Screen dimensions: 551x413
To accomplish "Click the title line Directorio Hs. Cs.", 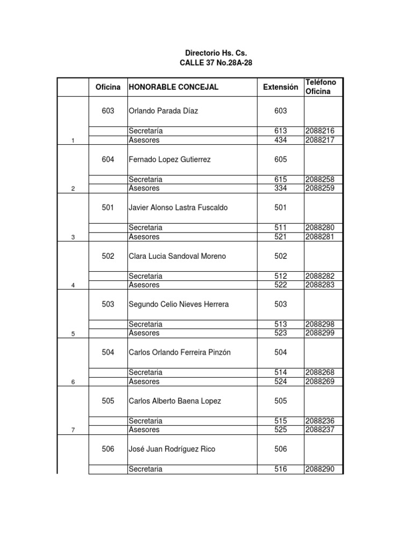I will [216, 53].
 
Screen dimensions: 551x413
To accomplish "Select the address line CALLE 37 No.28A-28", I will [216, 63].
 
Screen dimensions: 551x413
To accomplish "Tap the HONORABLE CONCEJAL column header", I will [173, 87].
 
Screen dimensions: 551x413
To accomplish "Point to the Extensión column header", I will [280, 87].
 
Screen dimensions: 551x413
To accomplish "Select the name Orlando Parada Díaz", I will [163, 111].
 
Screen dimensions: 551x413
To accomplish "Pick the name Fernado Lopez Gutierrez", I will [169, 159].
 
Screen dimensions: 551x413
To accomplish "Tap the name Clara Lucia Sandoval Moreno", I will [177, 256].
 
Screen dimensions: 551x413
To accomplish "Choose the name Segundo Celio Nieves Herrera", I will [179, 304].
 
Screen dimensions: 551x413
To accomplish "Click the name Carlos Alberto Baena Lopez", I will [175, 401].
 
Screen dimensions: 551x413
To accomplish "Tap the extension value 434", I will [280, 140].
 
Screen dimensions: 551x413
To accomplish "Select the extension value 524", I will [280, 382].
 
